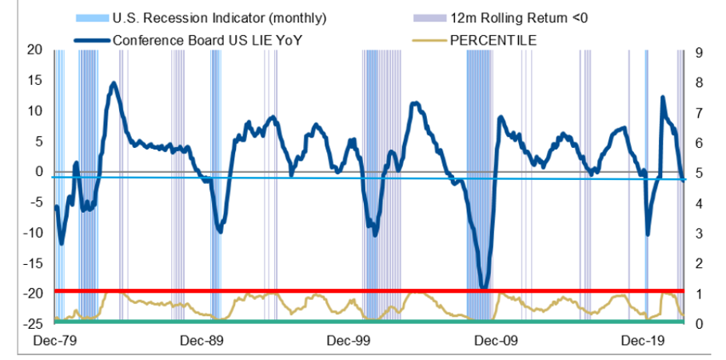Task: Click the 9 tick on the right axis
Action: [698, 54]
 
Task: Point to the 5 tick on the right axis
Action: [698, 173]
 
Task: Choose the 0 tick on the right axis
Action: [698, 323]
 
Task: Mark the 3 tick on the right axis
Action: [698, 233]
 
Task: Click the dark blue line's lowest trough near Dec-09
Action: [482, 286]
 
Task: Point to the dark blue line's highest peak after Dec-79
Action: [114, 83]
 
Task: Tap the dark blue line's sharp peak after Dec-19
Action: [663, 98]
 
